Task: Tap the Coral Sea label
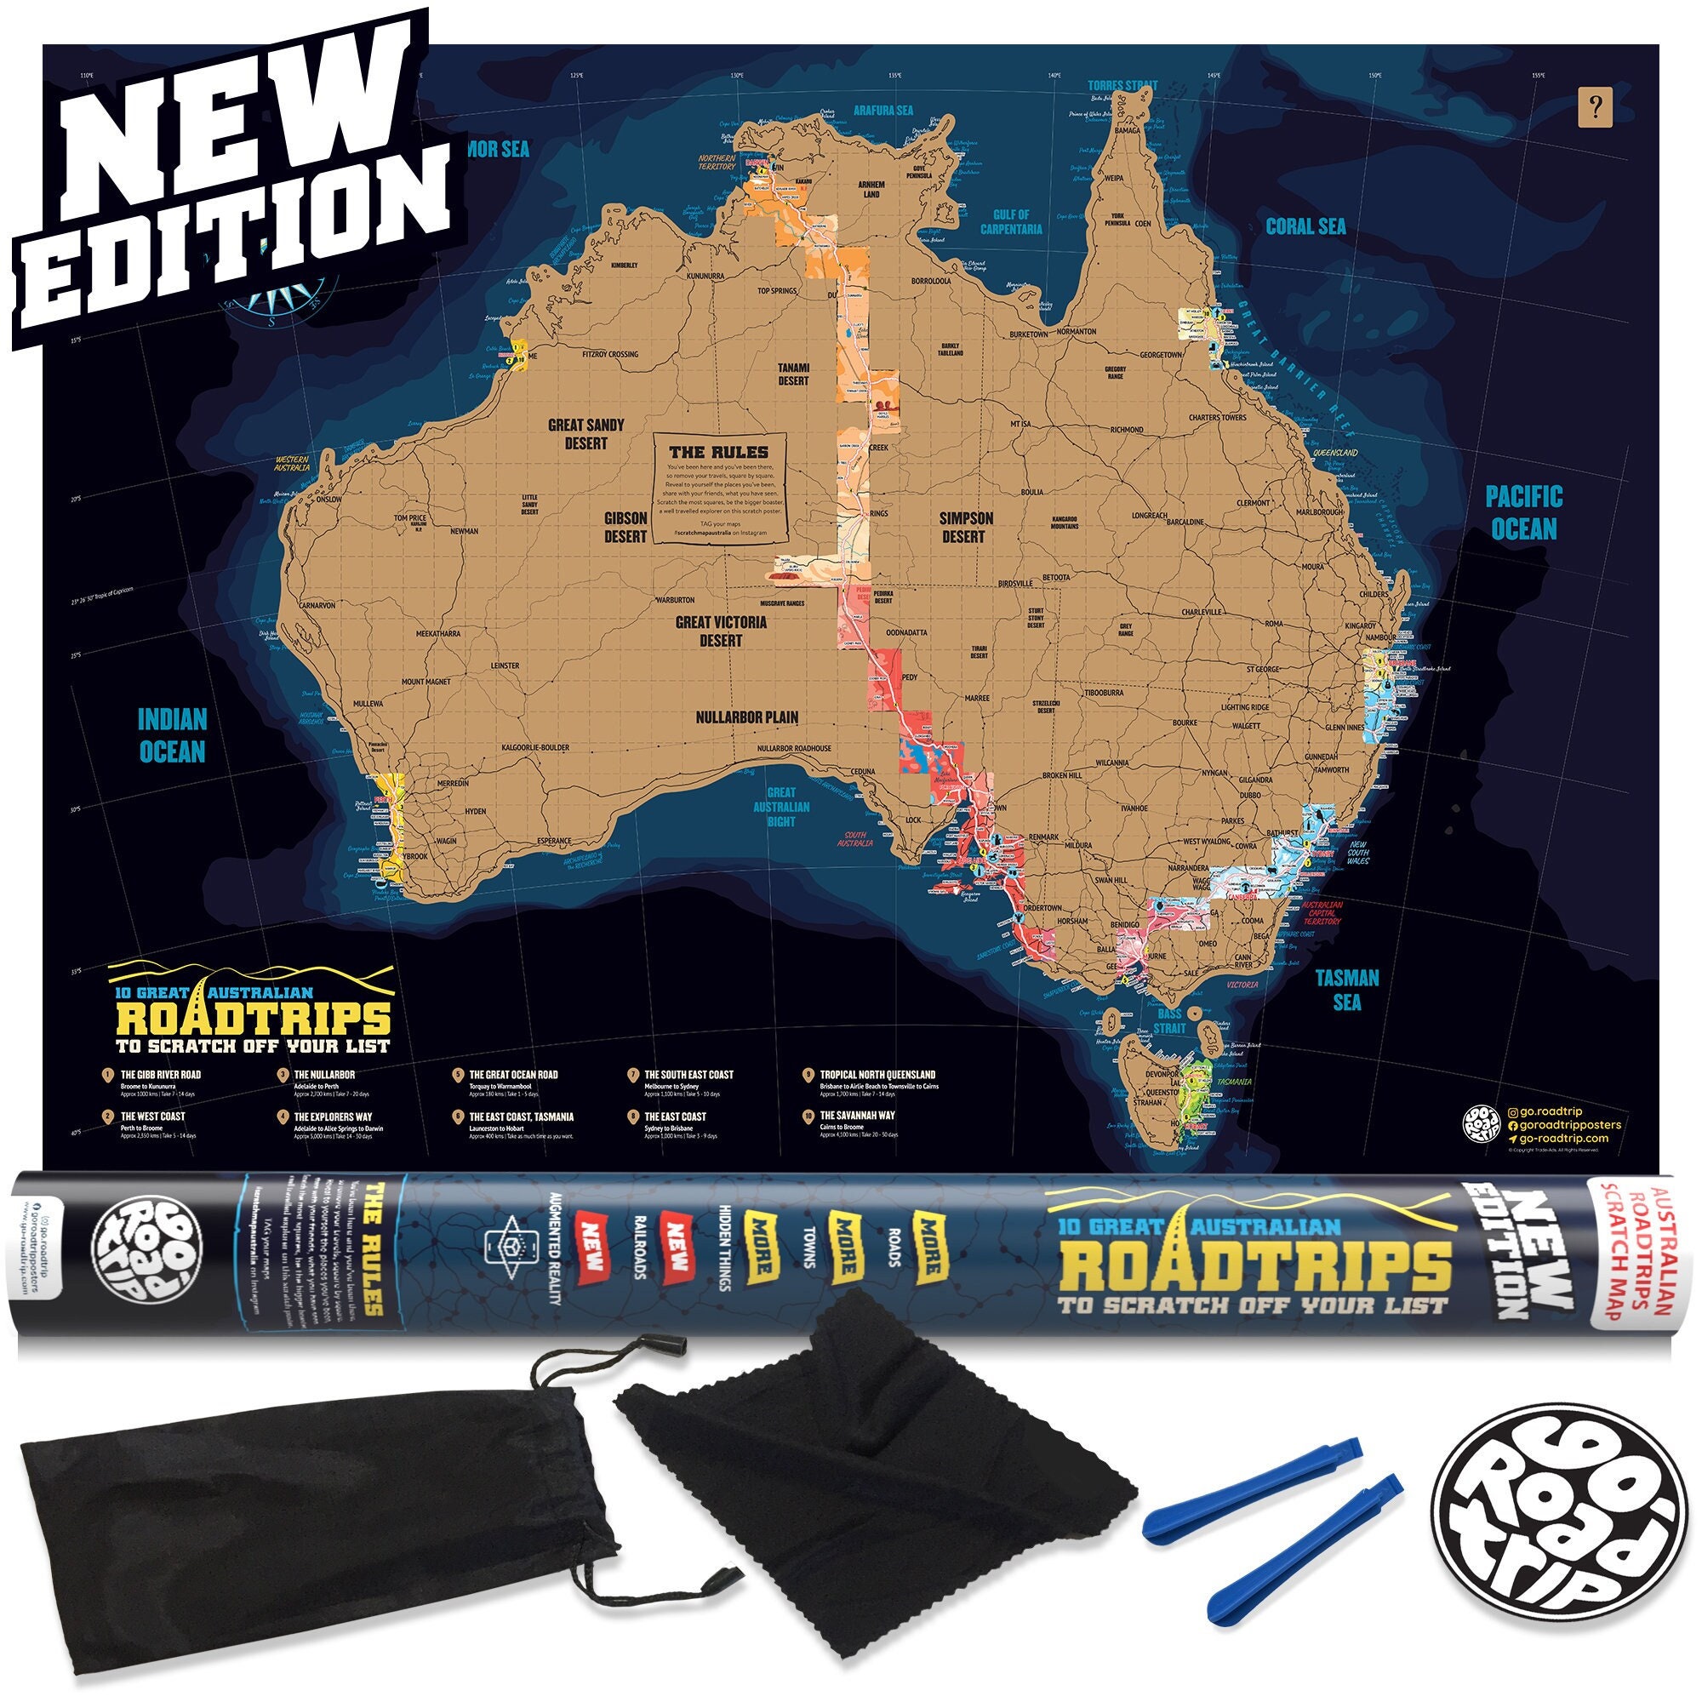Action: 1305,226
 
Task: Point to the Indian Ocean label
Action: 172,735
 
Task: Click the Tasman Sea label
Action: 1347,990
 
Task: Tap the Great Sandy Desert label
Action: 585,433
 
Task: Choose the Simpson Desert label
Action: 966,527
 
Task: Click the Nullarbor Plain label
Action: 747,717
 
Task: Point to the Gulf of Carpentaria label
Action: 1011,221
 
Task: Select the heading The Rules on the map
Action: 718,452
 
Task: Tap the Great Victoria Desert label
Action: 721,631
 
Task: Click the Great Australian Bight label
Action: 780,806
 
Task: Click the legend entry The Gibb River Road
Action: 160,1075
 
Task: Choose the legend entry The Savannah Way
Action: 856,1116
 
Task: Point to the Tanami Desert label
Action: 793,374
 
